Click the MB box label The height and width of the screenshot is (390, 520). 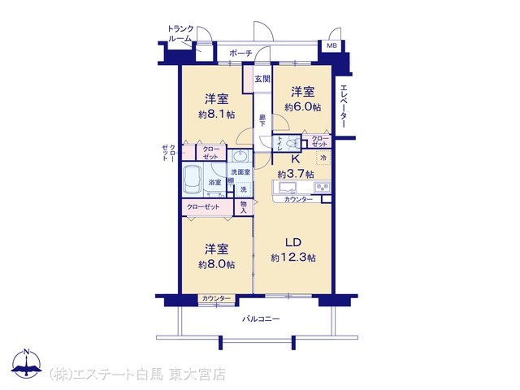[x=331, y=45]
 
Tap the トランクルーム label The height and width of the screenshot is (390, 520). [x=180, y=33]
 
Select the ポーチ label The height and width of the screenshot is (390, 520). [x=240, y=53]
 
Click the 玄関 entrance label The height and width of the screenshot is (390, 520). [x=262, y=79]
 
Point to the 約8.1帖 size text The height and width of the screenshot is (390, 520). [x=217, y=115]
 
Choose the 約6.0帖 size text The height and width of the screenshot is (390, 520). [x=302, y=107]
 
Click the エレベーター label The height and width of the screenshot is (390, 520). [x=344, y=106]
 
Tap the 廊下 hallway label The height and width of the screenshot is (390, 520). [x=262, y=121]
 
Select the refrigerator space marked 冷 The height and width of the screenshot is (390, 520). [x=323, y=158]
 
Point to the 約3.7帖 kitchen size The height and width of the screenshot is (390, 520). [x=296, y=174]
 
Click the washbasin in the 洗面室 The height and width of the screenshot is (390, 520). [x=239, y=155]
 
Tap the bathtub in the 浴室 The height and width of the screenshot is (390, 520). [x=193, y=180]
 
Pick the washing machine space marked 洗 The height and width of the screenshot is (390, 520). [x=244, y=189]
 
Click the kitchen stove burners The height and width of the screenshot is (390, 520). [x=322, y=188]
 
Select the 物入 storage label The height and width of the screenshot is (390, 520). [x=244, y=207]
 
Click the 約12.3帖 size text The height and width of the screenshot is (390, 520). [x=293, y=258]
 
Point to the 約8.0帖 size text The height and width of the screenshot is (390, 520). [x=217, y=264]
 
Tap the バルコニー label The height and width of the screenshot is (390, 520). [x=261, y=319]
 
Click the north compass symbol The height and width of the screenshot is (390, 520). [x=27, y=363]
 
